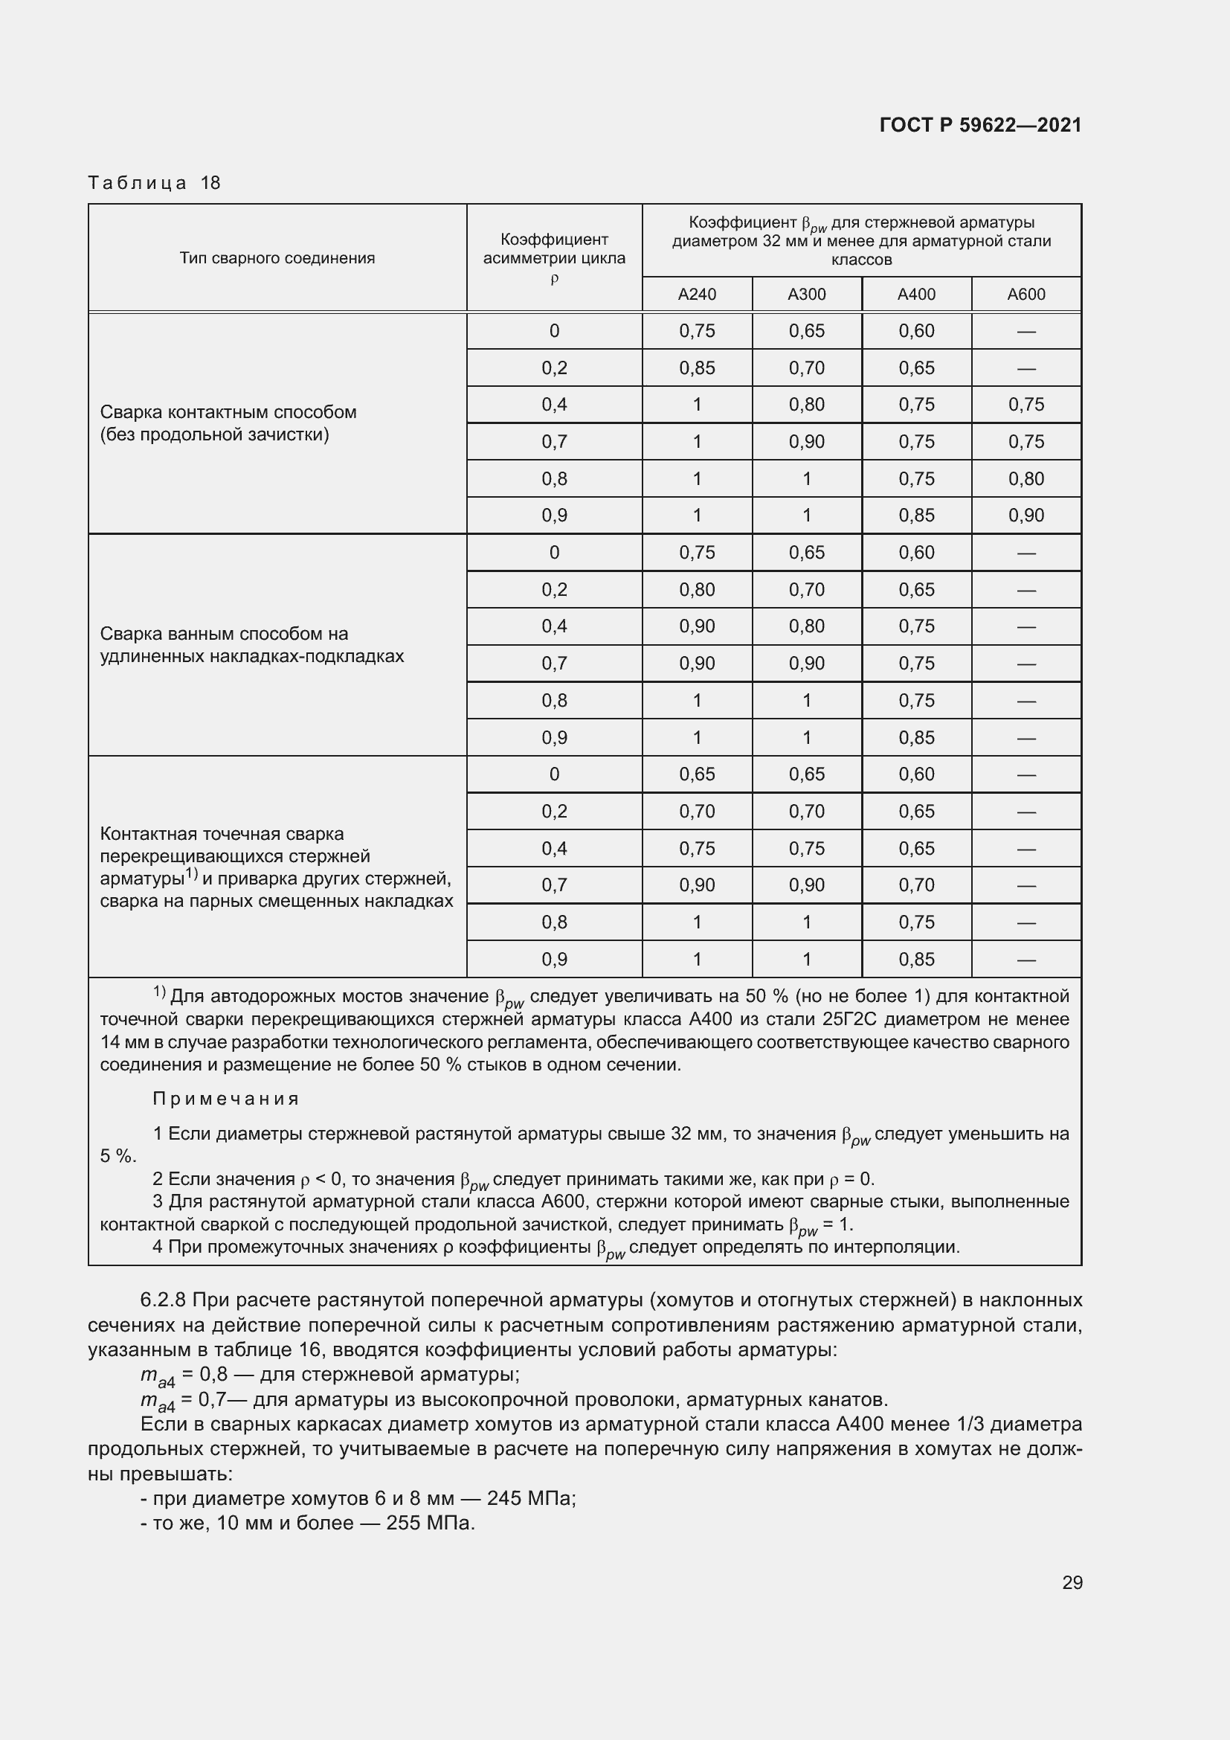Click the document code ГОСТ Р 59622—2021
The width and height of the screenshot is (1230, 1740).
point(980,125)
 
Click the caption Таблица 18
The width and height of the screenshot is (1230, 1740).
point(154,183)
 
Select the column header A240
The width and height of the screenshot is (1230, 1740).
point(697,294)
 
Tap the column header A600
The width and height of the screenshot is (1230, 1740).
point(1025,294)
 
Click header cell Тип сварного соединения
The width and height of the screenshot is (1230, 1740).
point(277,257)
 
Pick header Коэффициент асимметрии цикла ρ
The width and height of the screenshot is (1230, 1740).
point(554,257)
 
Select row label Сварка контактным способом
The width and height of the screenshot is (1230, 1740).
point(228,423)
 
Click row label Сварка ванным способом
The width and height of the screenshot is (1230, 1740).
point(251,644)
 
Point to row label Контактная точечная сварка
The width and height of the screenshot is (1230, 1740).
point(276,867)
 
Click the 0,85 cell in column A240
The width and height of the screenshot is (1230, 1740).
point(697,367)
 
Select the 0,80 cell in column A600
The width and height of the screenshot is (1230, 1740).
point(1025,478)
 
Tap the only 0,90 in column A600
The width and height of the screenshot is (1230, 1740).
point(1025,516)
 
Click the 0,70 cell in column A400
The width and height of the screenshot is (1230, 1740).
point(916,885)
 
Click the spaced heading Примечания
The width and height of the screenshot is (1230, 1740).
point(226,1099)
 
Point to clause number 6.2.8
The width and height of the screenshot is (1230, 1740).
point(163,1300)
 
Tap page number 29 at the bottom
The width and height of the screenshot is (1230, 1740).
point(1072,1582)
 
